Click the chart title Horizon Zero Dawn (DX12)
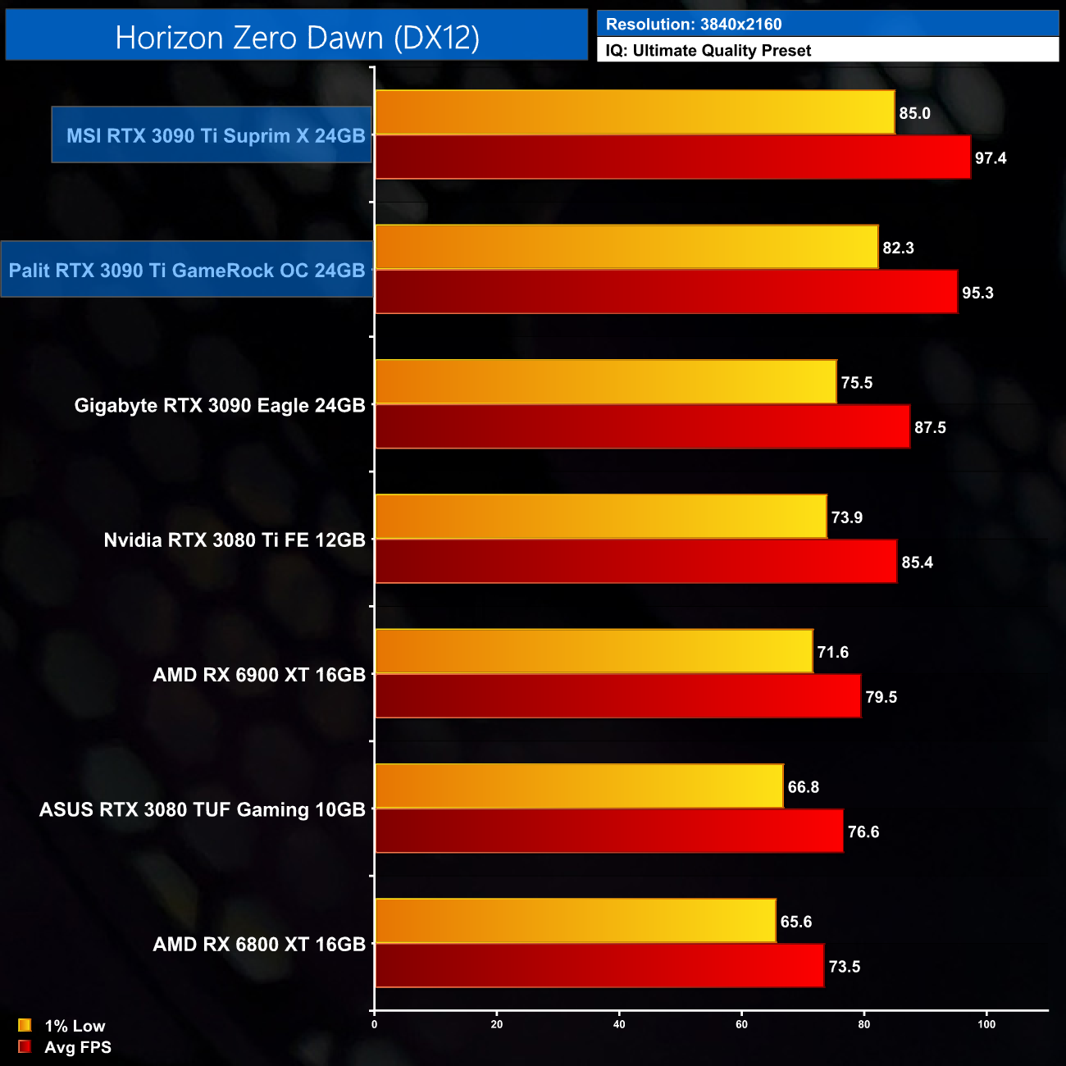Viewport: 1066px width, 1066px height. [x=297, y=38]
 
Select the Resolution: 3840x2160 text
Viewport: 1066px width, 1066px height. [x=694, y=25]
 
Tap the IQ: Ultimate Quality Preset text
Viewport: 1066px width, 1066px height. [x=708, y=51]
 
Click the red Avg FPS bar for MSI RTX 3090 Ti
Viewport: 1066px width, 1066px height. [x=672, y=157]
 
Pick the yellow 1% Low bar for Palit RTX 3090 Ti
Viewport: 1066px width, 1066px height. [x=626, y=247]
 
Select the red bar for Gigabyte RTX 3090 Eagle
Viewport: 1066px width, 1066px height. [x=642, y=426]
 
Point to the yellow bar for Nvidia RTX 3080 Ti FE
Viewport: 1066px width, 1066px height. [x=601, y=517]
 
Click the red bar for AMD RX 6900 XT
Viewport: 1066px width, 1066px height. [x=617, y=696]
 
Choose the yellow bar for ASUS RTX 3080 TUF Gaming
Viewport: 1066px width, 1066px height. [x=579, y=786]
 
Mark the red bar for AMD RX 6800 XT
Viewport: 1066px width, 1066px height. [x=599, y=965]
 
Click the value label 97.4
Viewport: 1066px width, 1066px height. [x=991, y=158]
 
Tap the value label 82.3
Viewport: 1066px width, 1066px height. [x=898, y=248]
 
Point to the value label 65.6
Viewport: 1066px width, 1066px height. [x=796, y=922]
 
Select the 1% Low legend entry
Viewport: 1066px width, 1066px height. [x=63, y=1026]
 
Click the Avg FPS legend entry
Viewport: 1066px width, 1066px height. [x=66, y=1047]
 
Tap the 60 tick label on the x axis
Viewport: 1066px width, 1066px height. [x=741, y=1024]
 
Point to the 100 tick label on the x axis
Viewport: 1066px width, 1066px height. [x=986, y=1024]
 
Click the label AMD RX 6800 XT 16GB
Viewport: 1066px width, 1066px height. [x=259, y=945]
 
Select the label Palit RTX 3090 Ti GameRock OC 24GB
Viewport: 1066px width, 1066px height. [x=187, y=271]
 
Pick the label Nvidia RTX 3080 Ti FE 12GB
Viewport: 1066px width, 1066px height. [x=235, y=540]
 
